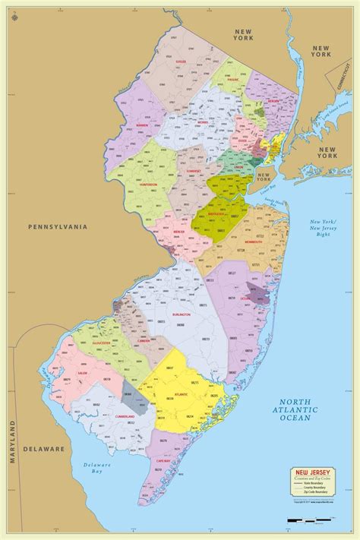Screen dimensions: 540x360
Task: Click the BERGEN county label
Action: coord(273,100)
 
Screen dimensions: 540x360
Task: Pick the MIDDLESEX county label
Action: coord(226,214)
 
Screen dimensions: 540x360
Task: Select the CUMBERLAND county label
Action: coord(104,417)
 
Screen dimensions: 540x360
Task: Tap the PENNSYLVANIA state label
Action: coord(58,226)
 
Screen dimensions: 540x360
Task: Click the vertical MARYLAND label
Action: coord(13,441)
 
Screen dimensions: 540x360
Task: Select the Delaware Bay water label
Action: coord(98,469)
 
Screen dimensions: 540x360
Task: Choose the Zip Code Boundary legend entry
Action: coord(311,493)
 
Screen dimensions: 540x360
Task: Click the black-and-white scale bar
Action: coord(312,520)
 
